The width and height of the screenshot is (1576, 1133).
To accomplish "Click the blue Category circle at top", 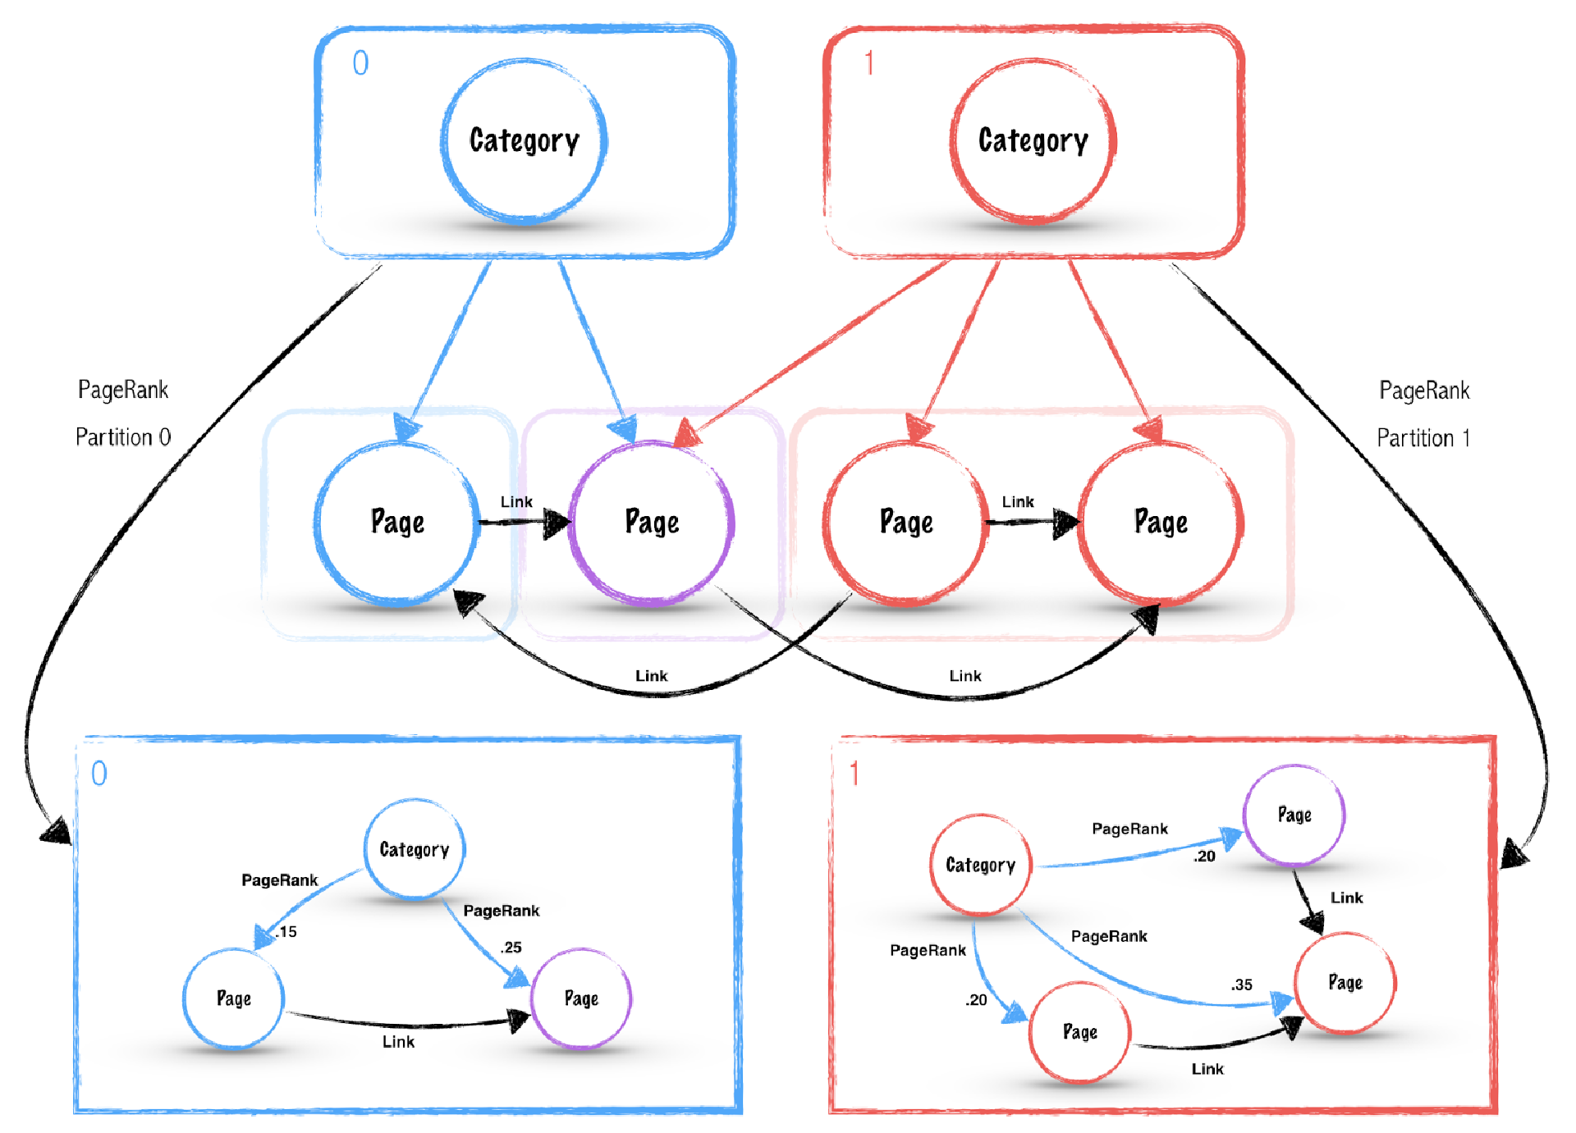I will click(x=524, y=140).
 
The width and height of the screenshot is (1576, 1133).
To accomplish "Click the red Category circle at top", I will click(x=1033, y=140).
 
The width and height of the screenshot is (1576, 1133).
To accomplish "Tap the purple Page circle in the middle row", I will click(x=652, y=523).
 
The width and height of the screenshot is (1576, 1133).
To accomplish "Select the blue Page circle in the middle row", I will click(x=397, y=523).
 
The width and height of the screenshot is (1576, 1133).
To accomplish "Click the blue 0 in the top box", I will click(x=360, y=63).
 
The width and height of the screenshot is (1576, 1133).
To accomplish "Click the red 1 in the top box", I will click(x=869, y=63).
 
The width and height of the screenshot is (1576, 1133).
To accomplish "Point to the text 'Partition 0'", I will click(x=123, y=436).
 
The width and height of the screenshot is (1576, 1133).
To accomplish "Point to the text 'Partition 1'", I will click(x=1423, y=437).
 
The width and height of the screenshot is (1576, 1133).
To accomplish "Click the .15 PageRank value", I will click(x=286, y=931).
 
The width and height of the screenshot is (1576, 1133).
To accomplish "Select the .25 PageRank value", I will click(x=511, y=947).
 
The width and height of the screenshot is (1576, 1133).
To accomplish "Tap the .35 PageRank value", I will click(x=1241, y=985).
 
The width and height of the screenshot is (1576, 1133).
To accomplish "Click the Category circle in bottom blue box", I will click(x=414, y=849).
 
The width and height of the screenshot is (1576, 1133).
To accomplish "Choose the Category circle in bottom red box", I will click(x=980, y=865).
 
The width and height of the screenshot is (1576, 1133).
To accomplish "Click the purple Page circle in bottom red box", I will click(x=1294, y=815).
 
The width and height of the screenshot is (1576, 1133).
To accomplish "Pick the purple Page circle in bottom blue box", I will click(x=581, y=998).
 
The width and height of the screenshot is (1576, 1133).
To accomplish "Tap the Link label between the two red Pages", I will click(x=1018, y=501).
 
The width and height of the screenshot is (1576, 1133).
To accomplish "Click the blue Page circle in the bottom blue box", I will click(x=234, y=998).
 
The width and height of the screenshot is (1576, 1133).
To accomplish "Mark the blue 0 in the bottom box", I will click(x=98, y=773).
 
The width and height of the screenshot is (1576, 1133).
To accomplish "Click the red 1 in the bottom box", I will click(x=854, y=773).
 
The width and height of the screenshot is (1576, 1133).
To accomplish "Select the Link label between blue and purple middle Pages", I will click(x=516, y=501).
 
